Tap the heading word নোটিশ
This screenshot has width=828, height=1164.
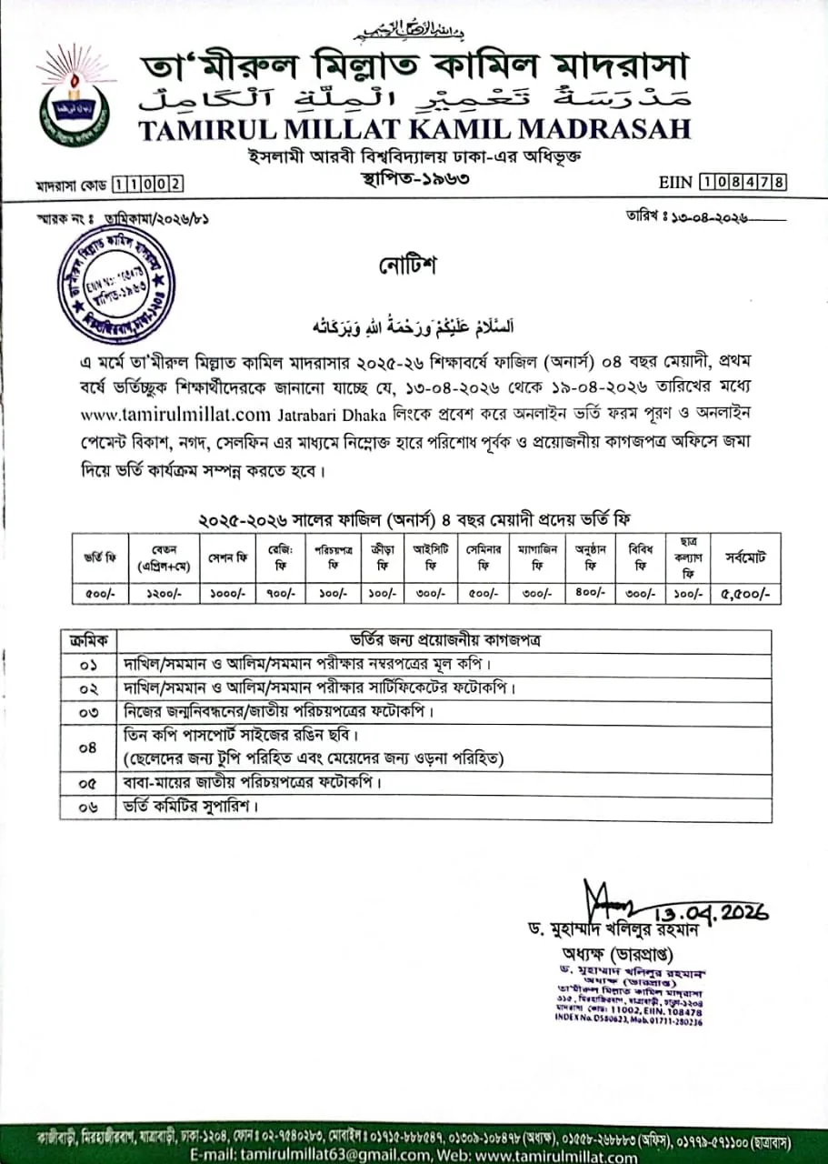(x=408, y=266)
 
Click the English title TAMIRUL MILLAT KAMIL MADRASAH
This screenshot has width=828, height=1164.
(x=414, y=129)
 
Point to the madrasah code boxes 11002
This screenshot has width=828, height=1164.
(x=146, y=186)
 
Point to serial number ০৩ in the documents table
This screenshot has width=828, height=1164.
(x=88, y=711)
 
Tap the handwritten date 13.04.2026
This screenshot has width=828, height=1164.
(x=711, y=909)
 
